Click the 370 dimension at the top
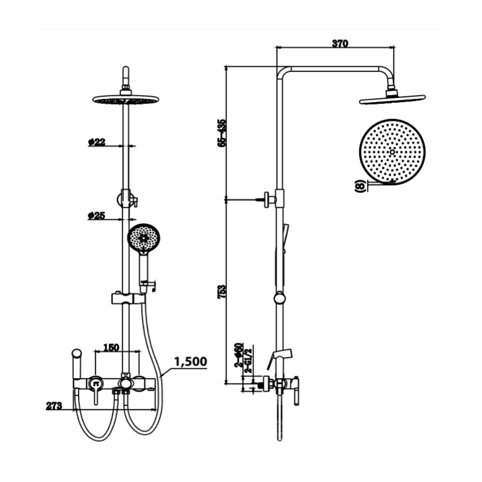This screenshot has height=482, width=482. (340, 43)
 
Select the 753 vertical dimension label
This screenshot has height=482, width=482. (222, 291)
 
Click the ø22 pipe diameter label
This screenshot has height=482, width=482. (96, 142)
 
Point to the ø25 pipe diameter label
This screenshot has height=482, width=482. (96, 216)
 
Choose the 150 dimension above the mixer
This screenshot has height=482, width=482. (111, 347)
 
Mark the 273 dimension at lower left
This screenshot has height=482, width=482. (54, 406)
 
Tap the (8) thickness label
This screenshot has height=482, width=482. (360, 186)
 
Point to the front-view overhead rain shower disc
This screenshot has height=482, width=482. (125, 100)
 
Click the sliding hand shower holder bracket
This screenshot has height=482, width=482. (127, 298)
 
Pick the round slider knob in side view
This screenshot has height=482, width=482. (279, 298)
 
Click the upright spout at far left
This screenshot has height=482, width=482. (76, 364)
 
